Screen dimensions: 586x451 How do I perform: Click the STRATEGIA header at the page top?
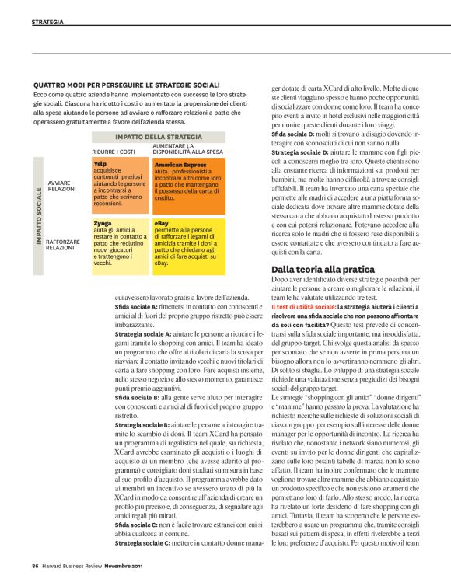(x=48, y=22)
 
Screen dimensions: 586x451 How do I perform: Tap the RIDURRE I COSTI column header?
(x=114, y=152)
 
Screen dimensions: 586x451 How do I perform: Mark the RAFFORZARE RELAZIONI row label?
(x=65, y=245)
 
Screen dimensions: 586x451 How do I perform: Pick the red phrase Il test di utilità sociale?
(x=305, y=309)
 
